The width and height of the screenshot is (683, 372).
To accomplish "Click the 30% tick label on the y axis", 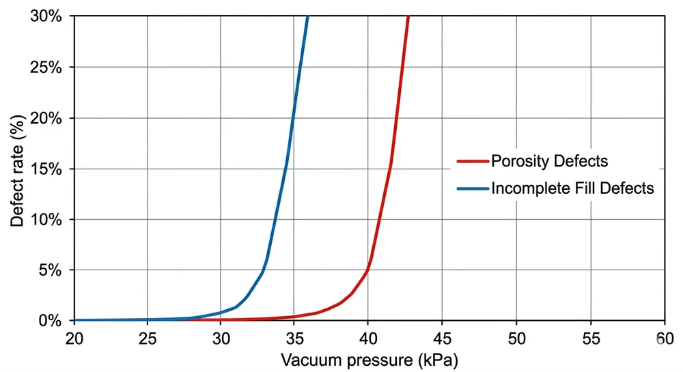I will [x=47, y=16].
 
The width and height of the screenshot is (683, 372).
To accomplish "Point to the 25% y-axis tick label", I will [x=47, y=68].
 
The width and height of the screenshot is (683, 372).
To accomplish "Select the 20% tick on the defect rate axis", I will [x=47, y=118].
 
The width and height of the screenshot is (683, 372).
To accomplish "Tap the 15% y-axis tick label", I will [x=47, y=169].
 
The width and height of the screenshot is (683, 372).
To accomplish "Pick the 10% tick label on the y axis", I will [x=47, y=219].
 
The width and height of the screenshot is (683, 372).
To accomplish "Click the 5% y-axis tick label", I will [x=51, y=270].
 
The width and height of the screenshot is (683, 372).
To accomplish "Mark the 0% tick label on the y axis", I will [x=51, y=320].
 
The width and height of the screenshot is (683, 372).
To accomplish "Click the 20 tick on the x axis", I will [x=74, y=337].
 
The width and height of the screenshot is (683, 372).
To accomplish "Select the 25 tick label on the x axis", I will [x=148, y=337].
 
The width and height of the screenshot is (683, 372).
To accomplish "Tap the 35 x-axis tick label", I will [x=294, y=337].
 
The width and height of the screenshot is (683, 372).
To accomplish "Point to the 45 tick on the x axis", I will [x=442, y=337].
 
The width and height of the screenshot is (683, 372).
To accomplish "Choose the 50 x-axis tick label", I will [x=516, y=337].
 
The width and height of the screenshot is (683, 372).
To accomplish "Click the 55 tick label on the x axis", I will [x=589, y=337].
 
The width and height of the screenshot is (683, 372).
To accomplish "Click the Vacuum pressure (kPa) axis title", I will [x=369, y=359].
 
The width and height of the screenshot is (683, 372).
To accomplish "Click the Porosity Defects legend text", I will [x=549, y=162].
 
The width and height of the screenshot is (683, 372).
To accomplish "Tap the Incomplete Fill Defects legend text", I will [x=572, y=188].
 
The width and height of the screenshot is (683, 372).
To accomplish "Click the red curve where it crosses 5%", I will [x=368, y=270].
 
